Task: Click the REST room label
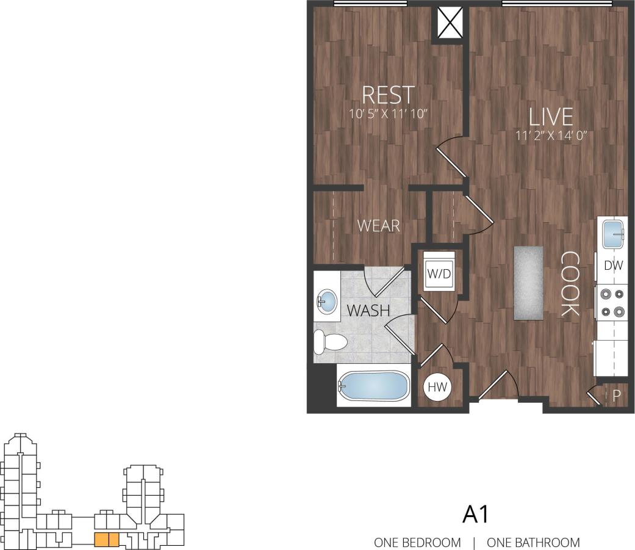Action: [x=388, y=95]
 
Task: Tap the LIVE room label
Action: [x=550, y=117]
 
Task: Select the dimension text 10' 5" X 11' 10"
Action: [x=388, y=113]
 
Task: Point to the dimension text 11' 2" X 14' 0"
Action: [x=550, y=136]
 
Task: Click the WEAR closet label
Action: [x=378, y=226]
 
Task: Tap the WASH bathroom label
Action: [x=368, y=310]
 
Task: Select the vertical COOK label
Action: [x=570, y=284]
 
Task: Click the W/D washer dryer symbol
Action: [x=439, y=274]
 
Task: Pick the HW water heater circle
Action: [x=437, y=387]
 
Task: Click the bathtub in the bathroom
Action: [x=373, y=386]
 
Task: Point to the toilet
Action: [x=328, y=342]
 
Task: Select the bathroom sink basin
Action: [x=328, y=301]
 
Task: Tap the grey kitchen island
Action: [x=528, y=282]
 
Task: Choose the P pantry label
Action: [x=616, y=396]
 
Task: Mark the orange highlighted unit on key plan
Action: [x=106, y=540]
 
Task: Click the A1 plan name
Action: [x=476, y=515]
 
